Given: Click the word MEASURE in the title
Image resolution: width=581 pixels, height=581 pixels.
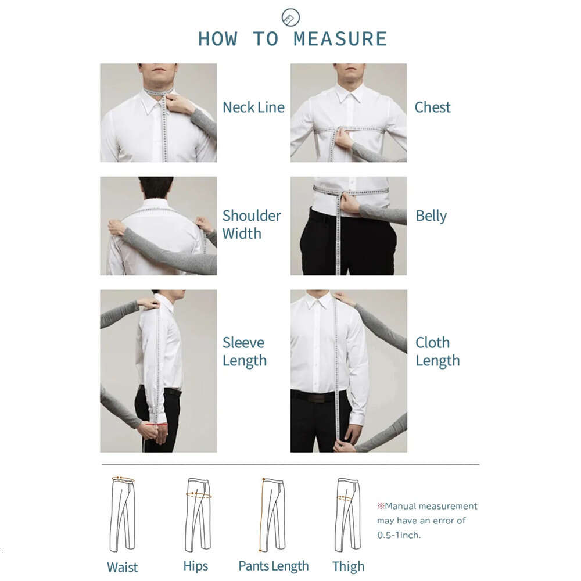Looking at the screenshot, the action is click(340, 39).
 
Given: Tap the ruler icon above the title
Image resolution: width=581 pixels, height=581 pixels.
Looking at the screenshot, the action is click(290, 17).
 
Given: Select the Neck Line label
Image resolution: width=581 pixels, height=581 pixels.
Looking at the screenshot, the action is click(253, 107).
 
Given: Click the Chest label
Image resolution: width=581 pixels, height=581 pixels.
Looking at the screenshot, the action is click(432, 107).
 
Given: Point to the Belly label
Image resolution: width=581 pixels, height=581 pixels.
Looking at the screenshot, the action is click(431, 216).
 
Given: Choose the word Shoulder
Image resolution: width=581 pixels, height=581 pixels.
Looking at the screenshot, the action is click(252, 216).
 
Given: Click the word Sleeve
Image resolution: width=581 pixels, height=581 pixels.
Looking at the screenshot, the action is click(243, 343).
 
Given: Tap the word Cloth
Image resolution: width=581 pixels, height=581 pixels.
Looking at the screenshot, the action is click(432, 343).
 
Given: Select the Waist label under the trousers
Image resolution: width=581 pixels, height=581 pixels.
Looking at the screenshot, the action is click(122, 567).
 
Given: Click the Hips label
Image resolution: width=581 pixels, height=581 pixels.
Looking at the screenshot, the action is click(196, 566).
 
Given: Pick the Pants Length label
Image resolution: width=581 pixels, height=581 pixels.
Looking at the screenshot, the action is click(274, 566).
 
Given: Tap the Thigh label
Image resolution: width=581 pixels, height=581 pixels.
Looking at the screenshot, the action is click(348, 566).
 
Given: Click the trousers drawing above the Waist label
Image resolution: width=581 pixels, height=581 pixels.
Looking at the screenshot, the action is click(123, 514).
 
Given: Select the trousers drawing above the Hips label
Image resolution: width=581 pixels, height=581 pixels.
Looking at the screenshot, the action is click(198, 514).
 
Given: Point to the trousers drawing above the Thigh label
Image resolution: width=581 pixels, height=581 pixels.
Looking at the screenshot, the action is click(348, 514).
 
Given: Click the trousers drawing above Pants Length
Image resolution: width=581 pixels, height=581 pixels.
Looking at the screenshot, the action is click(272, 514).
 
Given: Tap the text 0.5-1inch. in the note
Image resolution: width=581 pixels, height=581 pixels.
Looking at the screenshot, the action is click(399, 535).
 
